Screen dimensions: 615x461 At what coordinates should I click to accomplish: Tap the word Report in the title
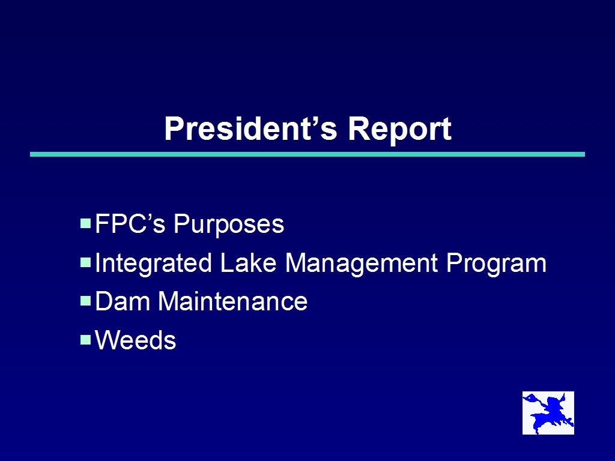tap(399, 130)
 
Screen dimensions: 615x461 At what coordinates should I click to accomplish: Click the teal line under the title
tap(307, 154)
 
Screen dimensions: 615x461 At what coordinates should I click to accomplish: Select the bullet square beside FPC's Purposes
tap(85, 223)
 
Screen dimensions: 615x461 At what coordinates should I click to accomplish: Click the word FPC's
tap(130, 224)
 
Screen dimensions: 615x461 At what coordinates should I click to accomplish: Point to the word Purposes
tap(229, 225)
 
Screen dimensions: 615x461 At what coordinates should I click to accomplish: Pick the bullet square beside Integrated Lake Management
tap(85, 262)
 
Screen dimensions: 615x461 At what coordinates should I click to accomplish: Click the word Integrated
tap(153, 264)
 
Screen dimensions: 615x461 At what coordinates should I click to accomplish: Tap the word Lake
tap(248, 262)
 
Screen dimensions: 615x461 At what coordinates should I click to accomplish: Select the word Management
tap(361, 264)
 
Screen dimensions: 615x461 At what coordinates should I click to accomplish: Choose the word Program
tap(496, 264)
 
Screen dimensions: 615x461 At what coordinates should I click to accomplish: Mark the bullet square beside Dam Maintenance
tap(85, 301)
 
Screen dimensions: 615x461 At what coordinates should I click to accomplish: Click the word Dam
tap(123, 301)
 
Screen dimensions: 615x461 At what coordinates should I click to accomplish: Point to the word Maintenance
tap(233, 301)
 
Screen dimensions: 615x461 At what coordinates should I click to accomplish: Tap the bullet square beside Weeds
tap(85, 340)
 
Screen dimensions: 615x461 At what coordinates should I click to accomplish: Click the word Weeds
tap(136, 340)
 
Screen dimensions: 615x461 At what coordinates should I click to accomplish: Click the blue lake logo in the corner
tap(548, 413)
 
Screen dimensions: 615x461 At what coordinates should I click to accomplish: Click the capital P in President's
tap(174, 128)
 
